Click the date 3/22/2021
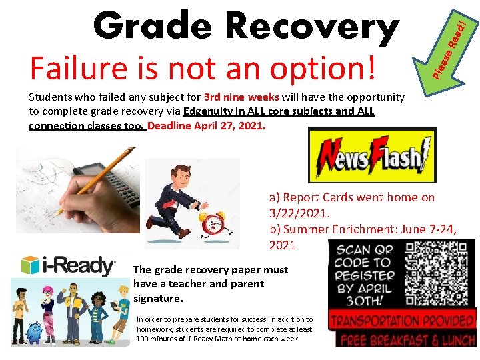click(x=299, y=213)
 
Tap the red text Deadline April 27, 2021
click(x=207, y=125)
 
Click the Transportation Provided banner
click(x=402, y=321)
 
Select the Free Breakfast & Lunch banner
click(x=407, y=339)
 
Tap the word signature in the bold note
click(x=158, y=298)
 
